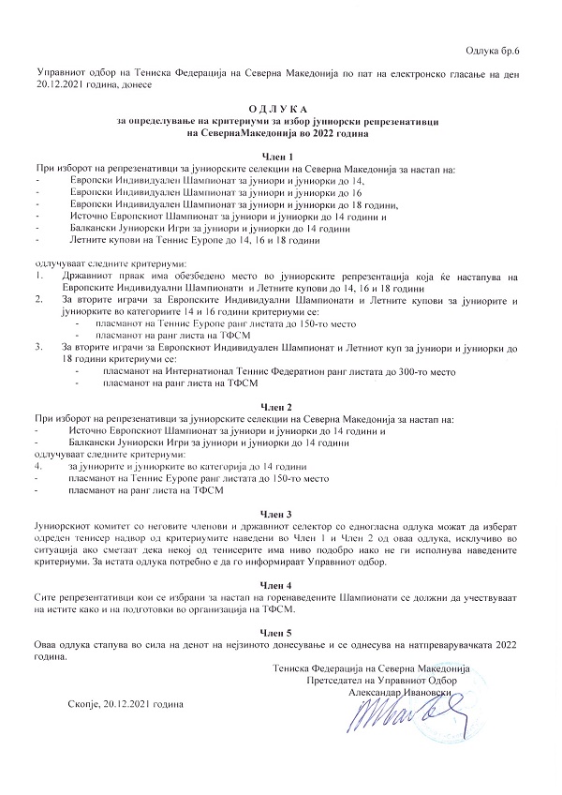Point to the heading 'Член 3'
tap(281, 515)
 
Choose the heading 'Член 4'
tap(281, 583)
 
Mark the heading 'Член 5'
tap(281, 633)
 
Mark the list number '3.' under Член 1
tap(38, 347)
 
